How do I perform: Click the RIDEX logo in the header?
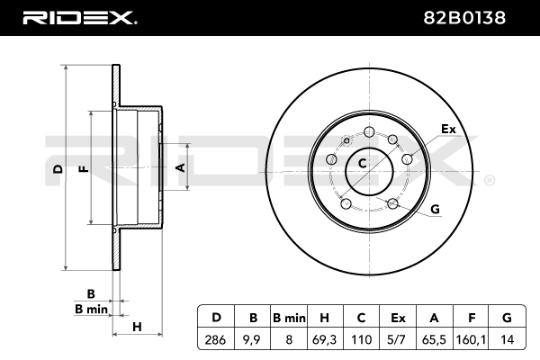78,17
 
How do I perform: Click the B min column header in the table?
290,317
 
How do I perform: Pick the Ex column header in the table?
398,317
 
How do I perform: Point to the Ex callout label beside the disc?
447,130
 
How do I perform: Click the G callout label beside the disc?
435,210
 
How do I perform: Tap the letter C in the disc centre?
363,164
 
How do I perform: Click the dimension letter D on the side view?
56,169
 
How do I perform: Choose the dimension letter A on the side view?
179,167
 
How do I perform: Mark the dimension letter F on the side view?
83,169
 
